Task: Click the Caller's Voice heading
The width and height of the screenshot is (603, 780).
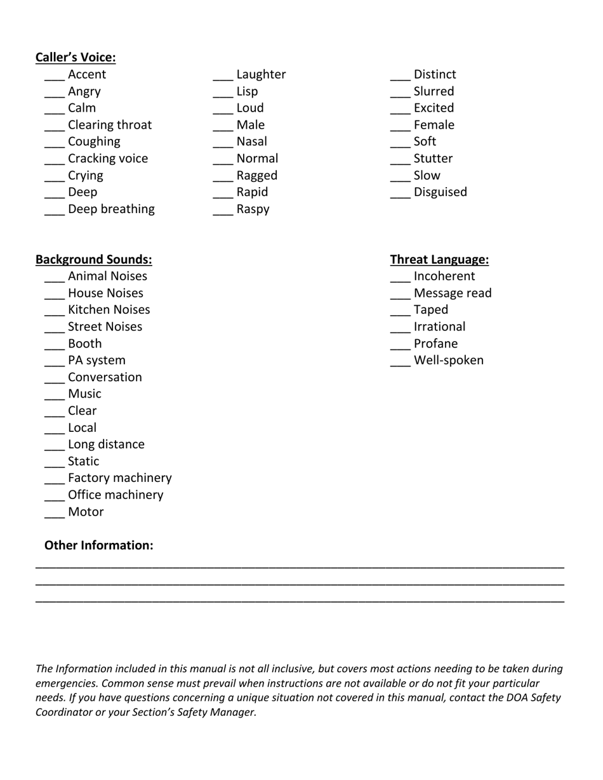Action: [76, 58]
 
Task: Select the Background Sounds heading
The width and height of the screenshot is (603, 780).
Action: [93, 259]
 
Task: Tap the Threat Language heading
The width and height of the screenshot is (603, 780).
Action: [439, 259]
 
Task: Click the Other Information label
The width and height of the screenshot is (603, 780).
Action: [98, 545]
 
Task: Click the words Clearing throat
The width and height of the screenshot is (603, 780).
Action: [110, 125]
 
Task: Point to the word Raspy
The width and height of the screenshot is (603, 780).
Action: [253, 209]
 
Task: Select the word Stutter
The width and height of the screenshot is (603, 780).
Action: [433, 159]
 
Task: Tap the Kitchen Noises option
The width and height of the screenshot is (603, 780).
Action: [109, 309]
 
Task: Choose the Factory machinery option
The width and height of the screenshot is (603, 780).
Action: [119, 478]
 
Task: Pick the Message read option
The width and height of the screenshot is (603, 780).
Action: [452, 293]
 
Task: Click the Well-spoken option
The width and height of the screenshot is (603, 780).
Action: [448, 360]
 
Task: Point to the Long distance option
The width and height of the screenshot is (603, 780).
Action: [106, 444]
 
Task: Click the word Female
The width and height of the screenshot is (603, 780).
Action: [434, 125]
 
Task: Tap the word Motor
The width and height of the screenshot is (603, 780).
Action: [86, 512]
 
